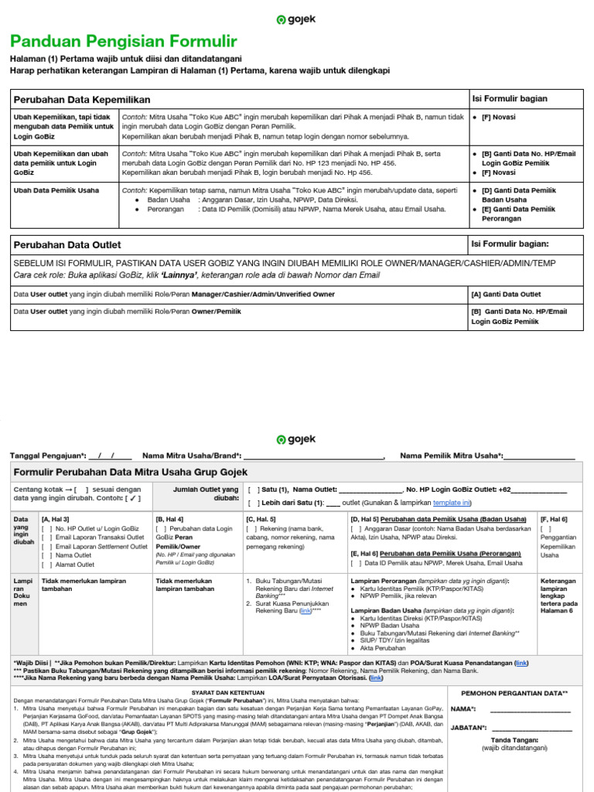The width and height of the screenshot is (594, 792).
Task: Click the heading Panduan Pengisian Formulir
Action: pos(124,41)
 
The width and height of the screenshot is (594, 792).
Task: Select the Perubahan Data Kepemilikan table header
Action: pos(80,100)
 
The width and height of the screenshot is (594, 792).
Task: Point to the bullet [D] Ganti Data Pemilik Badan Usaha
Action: pos(519,193)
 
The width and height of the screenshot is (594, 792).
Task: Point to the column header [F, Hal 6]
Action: pos(555,519)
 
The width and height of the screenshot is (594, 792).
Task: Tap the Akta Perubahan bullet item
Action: pos(384,647)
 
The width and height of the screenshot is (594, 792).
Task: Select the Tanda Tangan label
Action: pos(513,739)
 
